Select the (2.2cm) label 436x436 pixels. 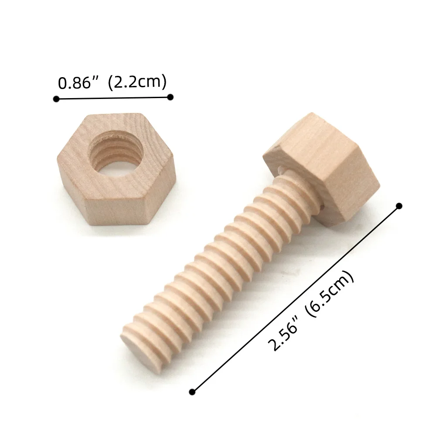point(137,82)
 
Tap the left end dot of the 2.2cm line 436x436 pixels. point(56,99)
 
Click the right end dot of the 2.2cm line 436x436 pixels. point(170,97)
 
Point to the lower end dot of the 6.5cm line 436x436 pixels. point(192,392)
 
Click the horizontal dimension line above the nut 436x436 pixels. point(113,98)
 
